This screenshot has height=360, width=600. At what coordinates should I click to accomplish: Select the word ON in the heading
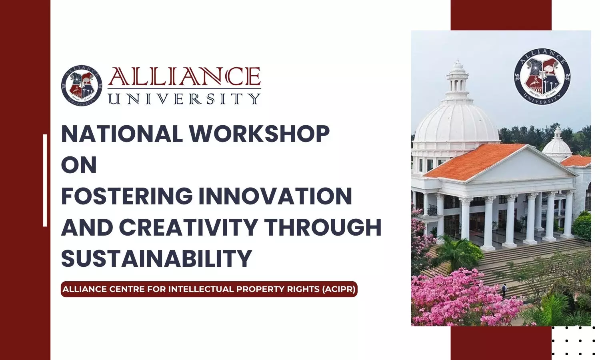[x=79, y=165]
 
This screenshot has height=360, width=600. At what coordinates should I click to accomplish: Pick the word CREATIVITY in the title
[x=188, y=227]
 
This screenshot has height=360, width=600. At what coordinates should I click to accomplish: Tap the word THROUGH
[x=323, y=227]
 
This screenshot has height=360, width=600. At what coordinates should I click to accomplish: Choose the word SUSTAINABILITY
[x=157, y=258]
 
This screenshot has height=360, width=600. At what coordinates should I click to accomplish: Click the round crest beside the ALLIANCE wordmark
[x=82, y=86]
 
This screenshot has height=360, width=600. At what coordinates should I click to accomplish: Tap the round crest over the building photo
[x=542, y=77]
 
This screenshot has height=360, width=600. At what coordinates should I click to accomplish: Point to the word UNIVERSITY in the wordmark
[x=184, y=98]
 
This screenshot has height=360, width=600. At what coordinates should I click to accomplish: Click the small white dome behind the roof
[x=557, y=145]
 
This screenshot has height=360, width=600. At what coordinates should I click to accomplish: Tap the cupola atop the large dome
[x=458, y=80]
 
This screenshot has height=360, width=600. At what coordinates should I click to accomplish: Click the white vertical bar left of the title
[x=45, y=180]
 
